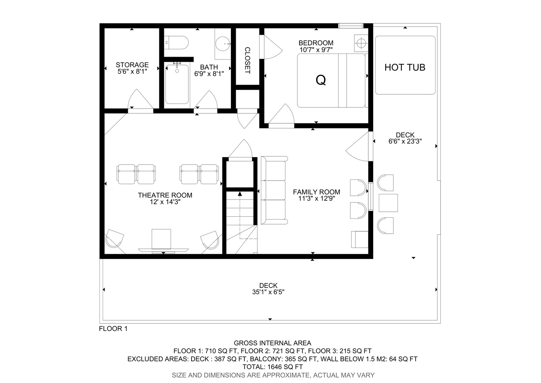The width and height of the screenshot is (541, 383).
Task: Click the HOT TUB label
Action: [x=405, y=67]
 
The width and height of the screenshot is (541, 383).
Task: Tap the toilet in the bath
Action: [x=176, y=43]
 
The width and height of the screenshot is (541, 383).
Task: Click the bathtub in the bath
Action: [x=177, y=84]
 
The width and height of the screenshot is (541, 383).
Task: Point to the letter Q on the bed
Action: [x=321, y=80]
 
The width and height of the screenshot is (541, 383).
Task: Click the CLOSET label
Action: [x=247, y=61]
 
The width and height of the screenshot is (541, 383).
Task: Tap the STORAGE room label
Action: [x=132, y=65]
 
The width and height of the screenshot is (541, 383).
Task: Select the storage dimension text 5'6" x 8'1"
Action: [x=132, y=71]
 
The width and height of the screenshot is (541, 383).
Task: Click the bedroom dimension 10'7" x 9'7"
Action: [x=316, y=50]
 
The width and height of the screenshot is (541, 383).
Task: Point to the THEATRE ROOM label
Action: [x=165, y=195]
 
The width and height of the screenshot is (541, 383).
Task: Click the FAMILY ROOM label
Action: [x=317, y=192]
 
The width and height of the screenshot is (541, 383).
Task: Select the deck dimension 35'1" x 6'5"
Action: [x=268, y=292]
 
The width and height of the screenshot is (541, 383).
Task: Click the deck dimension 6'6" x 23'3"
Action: [x=405, y=141]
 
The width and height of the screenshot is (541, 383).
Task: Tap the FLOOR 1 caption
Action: [x=113, y=328]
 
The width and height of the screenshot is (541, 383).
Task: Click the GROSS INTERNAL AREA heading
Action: [x=272, y=343]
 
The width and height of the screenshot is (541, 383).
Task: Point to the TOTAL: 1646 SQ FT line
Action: [x=273, y=367]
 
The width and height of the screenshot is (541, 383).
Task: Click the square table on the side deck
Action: [x=388, y=203]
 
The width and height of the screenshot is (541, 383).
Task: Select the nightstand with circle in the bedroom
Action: [x=361, y=43]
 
